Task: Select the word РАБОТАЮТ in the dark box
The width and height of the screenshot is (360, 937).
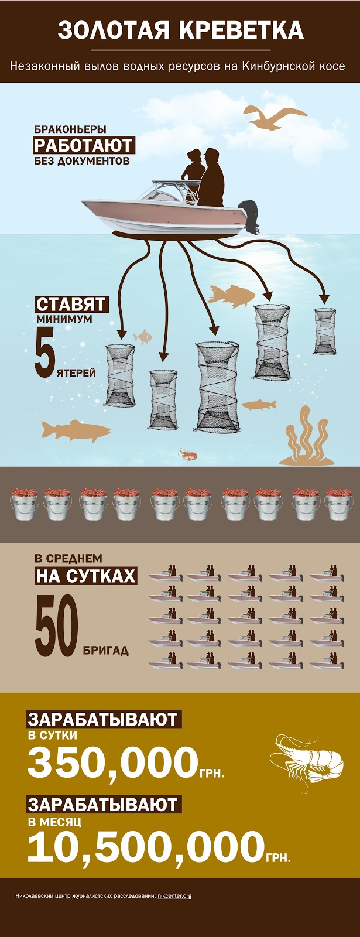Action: (83, 145)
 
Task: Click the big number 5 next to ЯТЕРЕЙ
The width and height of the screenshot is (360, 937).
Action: (44, 352)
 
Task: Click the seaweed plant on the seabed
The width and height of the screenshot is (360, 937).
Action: (307, 439)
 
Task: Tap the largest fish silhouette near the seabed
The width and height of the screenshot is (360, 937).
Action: (76, 430)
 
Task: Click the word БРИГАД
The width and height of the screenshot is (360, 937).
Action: (106, 651)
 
